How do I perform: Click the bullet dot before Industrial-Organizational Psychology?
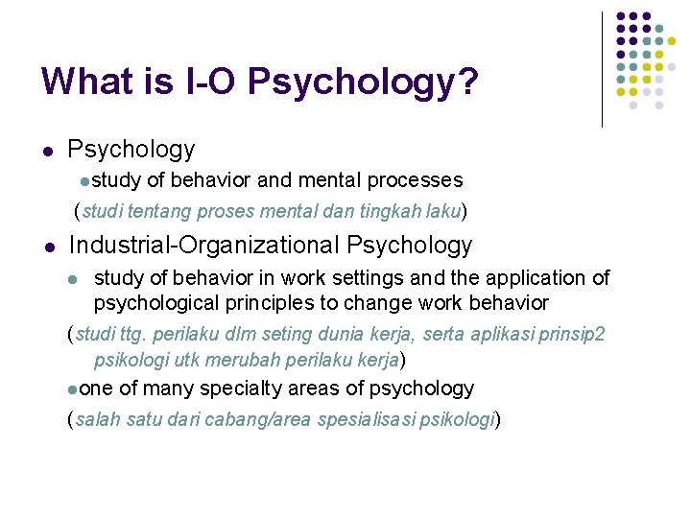click(x=48, y=247)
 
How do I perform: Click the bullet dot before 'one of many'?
click(x=73, y=389)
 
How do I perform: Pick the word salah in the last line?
click(x=94, y=419)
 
